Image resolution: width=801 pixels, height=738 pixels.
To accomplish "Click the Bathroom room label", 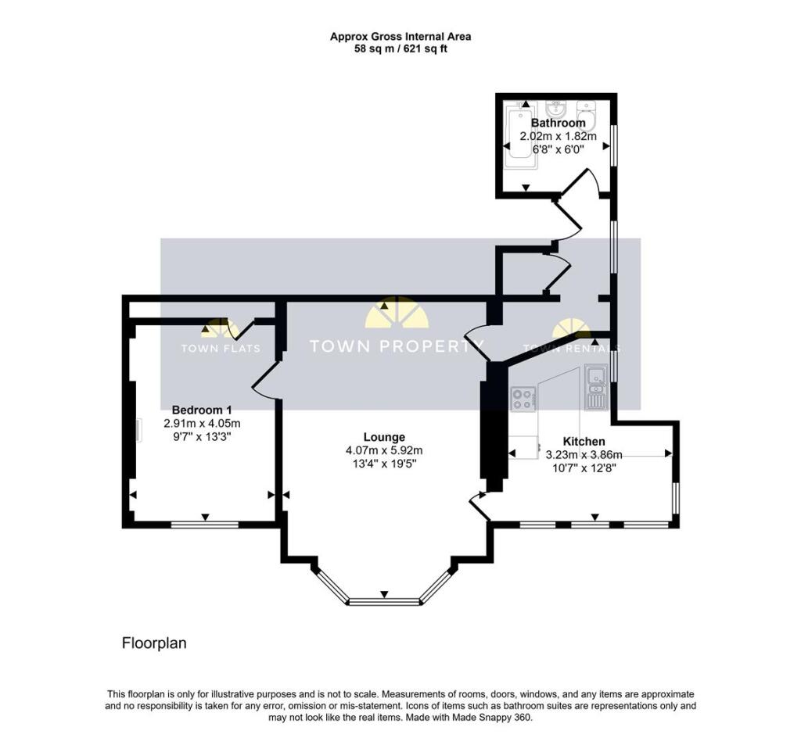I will point(558,123).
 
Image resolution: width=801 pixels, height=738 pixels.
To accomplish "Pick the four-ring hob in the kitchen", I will point(523,399).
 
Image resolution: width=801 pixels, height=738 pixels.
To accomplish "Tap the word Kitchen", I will point(584,442).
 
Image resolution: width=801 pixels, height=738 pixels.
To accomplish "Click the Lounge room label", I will point(384,437).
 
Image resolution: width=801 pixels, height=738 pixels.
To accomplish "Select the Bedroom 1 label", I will point(202,410).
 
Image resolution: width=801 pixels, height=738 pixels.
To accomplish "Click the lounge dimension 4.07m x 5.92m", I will point(384,450).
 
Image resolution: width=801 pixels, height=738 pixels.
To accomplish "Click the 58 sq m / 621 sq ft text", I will point(400,48).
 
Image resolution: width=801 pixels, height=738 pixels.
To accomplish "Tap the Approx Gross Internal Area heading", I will point(400,36).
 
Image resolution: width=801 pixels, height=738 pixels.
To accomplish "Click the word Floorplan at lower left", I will point(154,643).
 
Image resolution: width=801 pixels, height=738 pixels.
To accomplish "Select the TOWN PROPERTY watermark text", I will point(397,346).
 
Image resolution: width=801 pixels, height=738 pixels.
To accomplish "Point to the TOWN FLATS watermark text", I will point(220,349).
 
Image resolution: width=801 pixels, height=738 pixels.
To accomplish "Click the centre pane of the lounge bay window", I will point(384,601).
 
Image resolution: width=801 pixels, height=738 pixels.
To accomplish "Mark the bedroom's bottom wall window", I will point(205,525).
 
